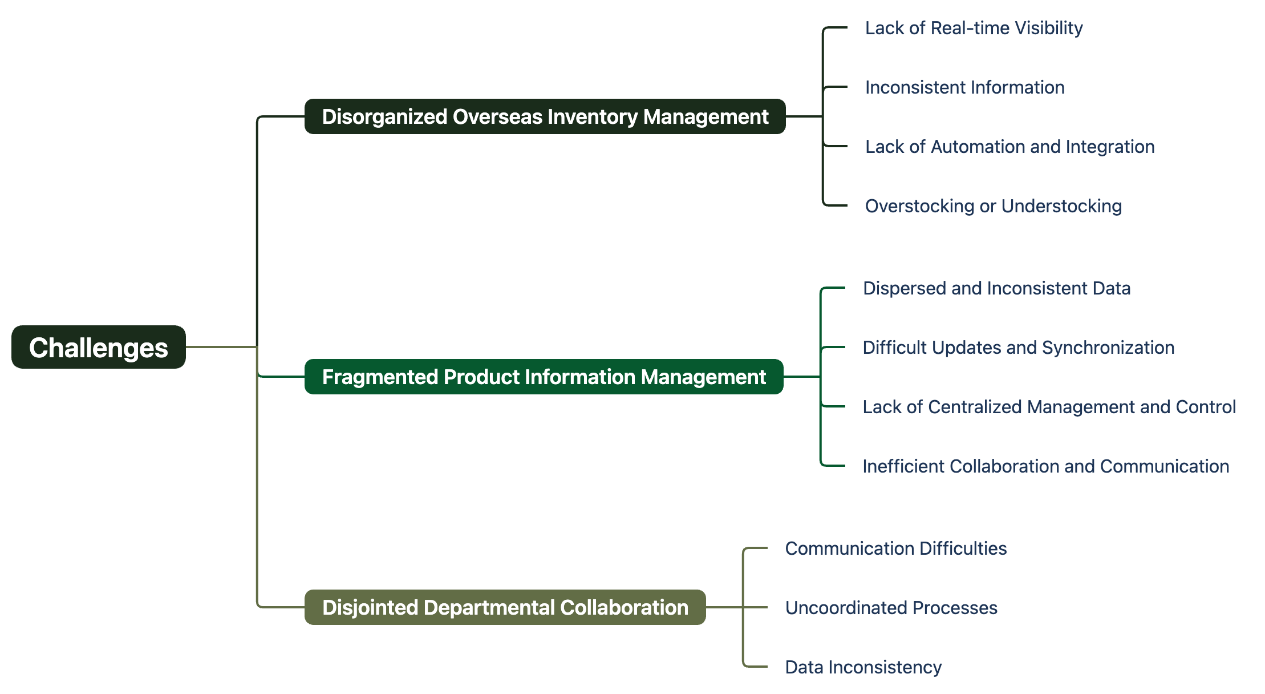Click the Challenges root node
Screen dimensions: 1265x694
pyautogui.click(x=99, y=347)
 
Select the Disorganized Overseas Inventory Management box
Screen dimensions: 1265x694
pyautogui.click(x=545, y=116)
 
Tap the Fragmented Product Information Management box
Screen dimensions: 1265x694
pyautogui.click(x=544, y=377)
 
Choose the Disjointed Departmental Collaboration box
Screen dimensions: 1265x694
pyautogui.click(x=505, y=607)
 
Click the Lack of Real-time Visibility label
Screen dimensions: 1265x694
pyautogui.click(x=974, y=28)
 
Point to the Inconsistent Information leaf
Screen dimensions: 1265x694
pyautogui.click(x=965, y=87)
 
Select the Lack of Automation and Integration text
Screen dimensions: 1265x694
pyautogui.click(x=1010, y=147)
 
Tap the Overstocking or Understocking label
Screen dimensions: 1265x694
pyautogui.click(x=994, y=206)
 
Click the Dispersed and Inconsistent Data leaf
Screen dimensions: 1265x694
pyautogui.click(x=997, y=288)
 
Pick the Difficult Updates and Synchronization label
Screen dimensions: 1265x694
pyautogui.click(x=1019, y=348)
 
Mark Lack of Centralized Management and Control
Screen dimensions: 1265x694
pyautogui.click(x=1049, y=407)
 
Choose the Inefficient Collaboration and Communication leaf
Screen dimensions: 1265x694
pyautogui.click(x=1046, y=466)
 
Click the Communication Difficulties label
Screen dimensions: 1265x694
pyautogui.click(x=896, y=548)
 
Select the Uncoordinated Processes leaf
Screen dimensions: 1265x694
pyautogui.click(x=891, y=608)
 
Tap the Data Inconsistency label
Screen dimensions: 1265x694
pyautogui.click(x=863, y=667)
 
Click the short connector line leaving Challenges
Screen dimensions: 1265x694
pyautogui.click(x=221, y=346)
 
